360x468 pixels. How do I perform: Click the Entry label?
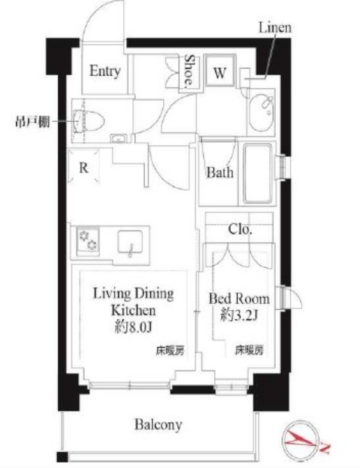tap(105, 71)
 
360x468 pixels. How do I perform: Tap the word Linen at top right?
tap(275, 28)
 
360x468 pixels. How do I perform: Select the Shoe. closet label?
tap(189, 70)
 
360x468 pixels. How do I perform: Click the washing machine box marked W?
tap(220, 70)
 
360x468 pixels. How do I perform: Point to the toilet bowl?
tap(88, 121)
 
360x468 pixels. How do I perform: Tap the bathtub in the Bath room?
tap(258, 173)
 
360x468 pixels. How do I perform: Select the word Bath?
tap(220, 172)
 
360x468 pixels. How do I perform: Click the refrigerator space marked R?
tap(84, 167)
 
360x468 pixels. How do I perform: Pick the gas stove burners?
tap(88, 241)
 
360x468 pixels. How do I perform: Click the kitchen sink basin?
tap(130, 242)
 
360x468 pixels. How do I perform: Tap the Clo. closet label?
tap(240, 230)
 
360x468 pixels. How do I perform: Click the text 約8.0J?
tap(133, 327)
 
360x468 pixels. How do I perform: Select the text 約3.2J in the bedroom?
tap(239, 315)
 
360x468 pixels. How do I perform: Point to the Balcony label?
tap(158, 425)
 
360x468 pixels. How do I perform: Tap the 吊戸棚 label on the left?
tap(32, 122)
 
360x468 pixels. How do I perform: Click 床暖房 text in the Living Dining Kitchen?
tap(170, 351)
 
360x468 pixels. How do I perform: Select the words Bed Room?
tap(239, 299)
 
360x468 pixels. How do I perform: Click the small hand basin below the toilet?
tap(119, 138)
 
